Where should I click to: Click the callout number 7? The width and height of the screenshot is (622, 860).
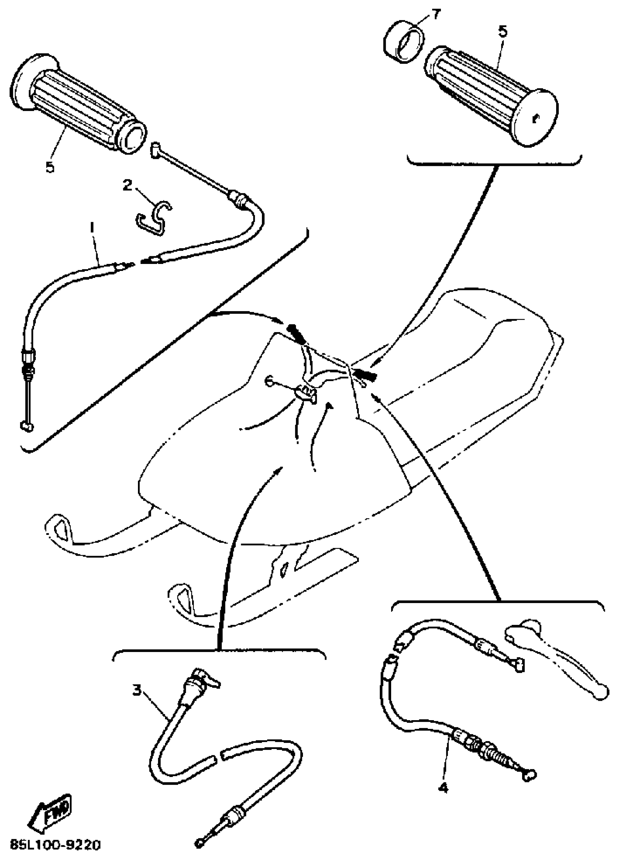click(x=435, y=15)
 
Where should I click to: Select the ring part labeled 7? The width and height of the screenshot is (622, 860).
click(x=403, y=44)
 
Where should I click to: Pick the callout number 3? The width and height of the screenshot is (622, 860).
click(x=137, y=690)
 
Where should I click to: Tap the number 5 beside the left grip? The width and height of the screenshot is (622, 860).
click(x=50, y=167)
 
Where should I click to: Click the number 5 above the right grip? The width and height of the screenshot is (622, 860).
click(x=503, y=32)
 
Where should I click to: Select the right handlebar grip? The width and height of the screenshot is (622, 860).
click(x=489, y=93)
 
